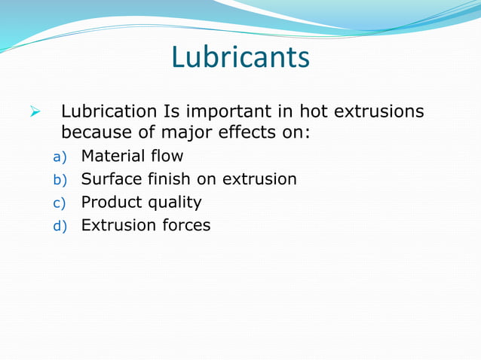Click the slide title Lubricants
tap(240, 57)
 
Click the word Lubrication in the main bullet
tap(109, 112)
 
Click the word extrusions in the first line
tap(379, 112)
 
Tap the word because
tap(93, 134)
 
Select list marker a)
tap(60, 157)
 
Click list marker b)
tap(60, 180)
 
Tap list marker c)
tap(60, 203)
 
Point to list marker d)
tap(60, 225)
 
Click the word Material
tap(113, 157)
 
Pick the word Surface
tap(110, 179)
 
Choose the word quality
tap(173, 203)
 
